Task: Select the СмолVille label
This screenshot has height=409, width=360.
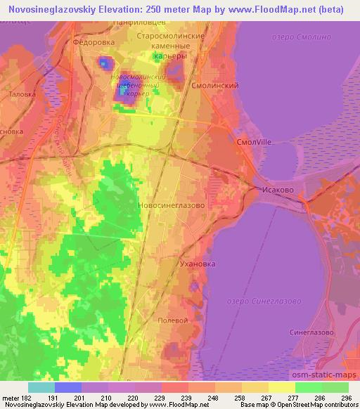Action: [254, 141]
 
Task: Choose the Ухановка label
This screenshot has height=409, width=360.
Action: [196, 264]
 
